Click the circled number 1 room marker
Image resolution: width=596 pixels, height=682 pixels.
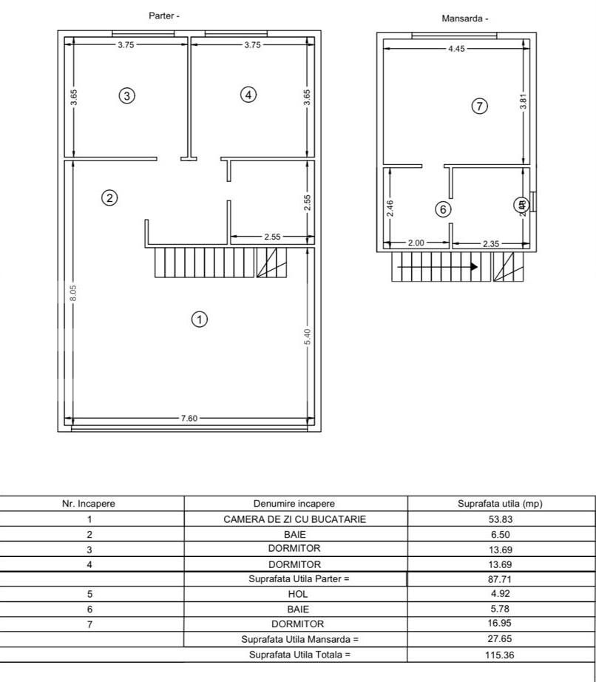click(x=199, y=320)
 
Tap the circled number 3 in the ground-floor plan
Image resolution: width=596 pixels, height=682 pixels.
click(x=127, y=95)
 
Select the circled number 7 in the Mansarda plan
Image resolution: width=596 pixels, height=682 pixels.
click(x=479, y=107)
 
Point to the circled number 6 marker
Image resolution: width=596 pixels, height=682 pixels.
click(x=443, y=209)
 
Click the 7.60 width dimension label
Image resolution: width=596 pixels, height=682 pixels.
click(x=189, y=419)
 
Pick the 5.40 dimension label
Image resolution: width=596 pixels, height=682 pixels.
click(x=308, y=336)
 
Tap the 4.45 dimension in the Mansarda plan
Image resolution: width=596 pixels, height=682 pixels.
click(x=456, y=50)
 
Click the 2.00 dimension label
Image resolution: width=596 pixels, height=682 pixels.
click(x=416, y=243)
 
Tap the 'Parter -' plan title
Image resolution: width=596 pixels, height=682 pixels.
click(x=164, y=16)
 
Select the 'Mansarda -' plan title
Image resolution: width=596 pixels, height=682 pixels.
click(x=465, y=19)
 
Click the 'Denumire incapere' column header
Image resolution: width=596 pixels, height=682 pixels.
click(x=294, y=504)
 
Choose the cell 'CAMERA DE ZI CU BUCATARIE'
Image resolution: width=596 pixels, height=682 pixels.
click(x=294, y=519)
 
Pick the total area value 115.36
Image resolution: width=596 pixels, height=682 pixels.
click(x=500, y=655)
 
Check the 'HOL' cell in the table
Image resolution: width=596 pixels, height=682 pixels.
click(x=294, y=593)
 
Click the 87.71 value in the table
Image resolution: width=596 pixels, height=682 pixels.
click(x=500, y=579)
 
